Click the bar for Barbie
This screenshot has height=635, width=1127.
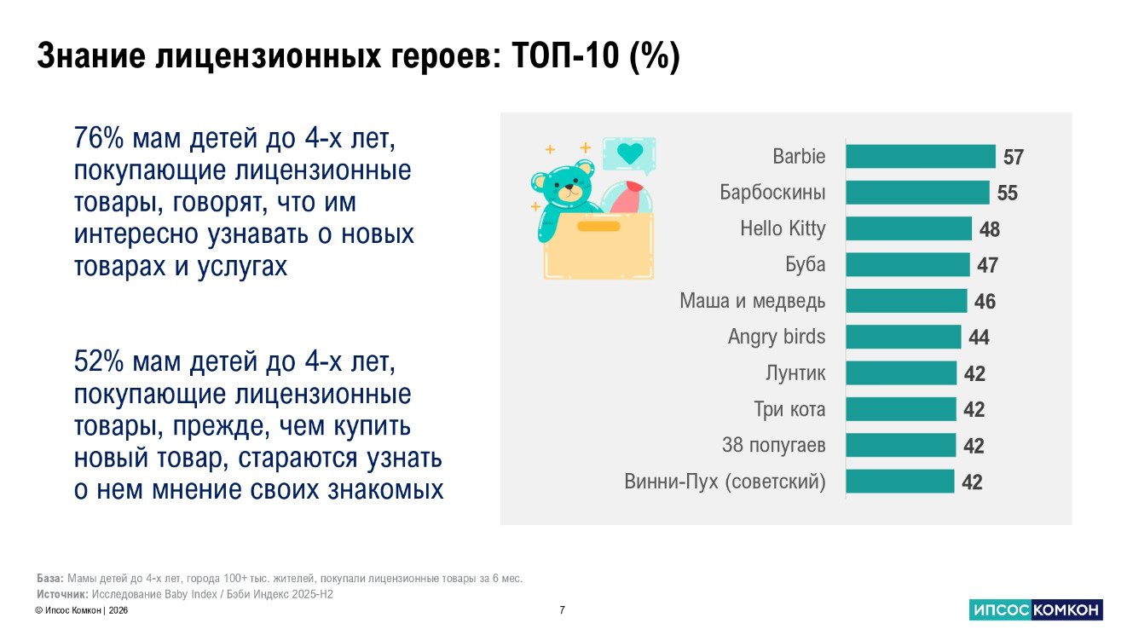pos(920,157)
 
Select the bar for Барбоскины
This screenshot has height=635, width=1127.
pos(917,193)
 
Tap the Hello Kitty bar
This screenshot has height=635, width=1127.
pos(908,228)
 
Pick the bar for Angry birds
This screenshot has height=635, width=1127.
pos(903,337)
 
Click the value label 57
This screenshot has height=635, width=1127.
pos(1013,158)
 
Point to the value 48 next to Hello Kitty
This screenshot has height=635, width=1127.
pos(990,229)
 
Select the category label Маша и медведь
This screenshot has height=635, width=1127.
pos(752,301)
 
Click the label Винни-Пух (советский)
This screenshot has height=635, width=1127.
pos(725,482)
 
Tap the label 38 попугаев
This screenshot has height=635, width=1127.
pos(773,445)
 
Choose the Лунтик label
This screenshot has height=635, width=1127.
pos(795,373)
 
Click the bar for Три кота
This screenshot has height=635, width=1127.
pos(900,409)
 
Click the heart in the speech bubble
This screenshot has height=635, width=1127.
pos(629,153)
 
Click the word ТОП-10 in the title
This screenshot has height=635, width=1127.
pos(567,57)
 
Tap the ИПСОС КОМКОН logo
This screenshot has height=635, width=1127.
pos(1036,609)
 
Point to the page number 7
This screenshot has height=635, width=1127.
pos(562,610)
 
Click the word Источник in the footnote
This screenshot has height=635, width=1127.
pos(62,594)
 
